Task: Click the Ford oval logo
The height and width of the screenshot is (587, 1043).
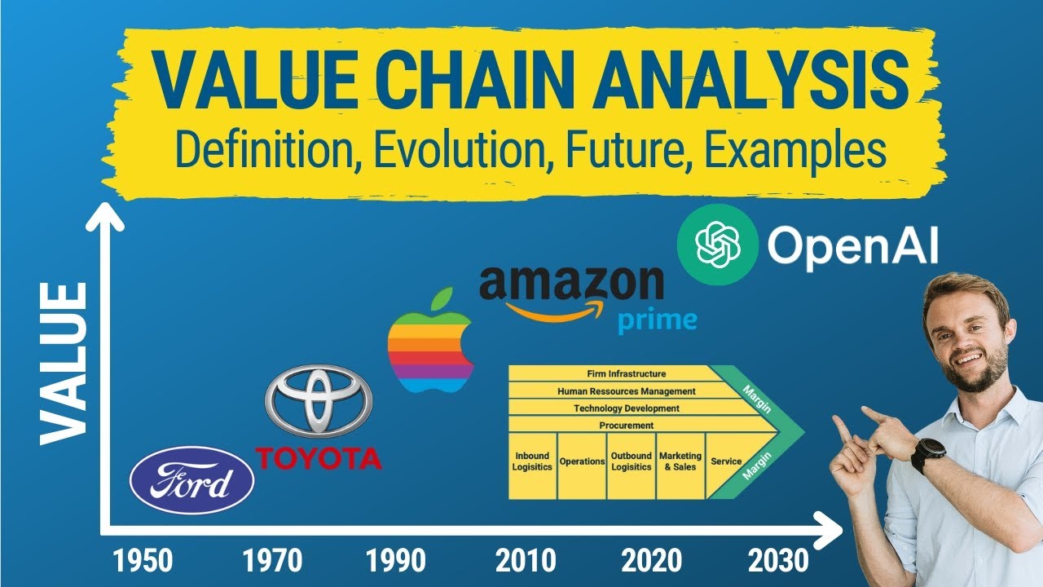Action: click(x=191, y=480)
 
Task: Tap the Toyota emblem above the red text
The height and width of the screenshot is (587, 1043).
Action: click(x=318, y=400)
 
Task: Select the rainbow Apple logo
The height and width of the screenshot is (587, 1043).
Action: click(x=429, y=342)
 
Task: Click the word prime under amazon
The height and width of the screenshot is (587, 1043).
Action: click(x=657, y=319)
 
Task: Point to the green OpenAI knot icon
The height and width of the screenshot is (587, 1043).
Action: click(x=718, y=245)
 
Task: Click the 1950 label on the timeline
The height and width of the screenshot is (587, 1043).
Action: click(x=144, y=560)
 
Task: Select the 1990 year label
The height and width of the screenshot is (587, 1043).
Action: click(x=396, y=560)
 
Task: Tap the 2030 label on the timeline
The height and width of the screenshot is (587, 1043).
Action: click(x=779, y=560)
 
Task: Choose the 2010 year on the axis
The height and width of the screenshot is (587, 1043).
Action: click(x=526, y=560)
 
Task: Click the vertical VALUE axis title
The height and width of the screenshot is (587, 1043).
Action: click(x=64, y=363)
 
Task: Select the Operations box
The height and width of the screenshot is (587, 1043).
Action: click(x=583, y=461)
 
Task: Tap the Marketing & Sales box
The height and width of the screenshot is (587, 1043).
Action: click(x=680, y=461)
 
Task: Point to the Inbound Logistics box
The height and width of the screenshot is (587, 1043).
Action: click(x=532, y=461)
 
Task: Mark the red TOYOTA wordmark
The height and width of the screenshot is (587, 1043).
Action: click(x=319, y=458)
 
